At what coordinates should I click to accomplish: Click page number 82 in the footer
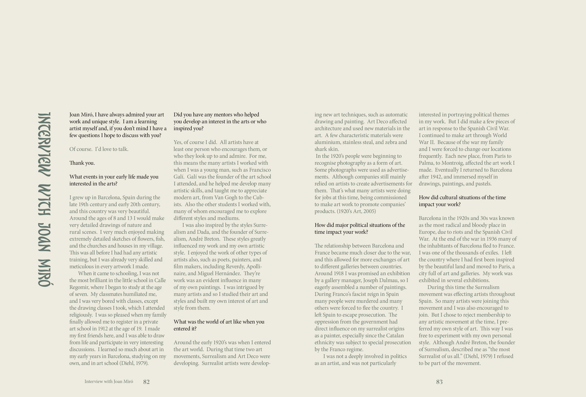146,382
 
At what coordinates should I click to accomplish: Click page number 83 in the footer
439,382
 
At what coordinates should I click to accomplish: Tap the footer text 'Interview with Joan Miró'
109,382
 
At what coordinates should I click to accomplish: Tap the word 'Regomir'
78,287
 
